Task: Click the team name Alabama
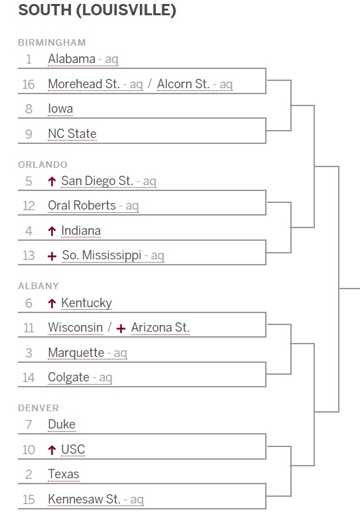(x=72, y=59)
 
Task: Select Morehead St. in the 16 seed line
(x=84, y=84)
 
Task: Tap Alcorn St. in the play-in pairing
(x=184, y=84)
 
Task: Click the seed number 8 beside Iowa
(x=29, y=109)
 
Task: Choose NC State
(x=72, y=133)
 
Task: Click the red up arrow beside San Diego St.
(x=52, y=182)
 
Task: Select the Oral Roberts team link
(x=82, y=206)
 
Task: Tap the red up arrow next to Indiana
(x=52, y=231)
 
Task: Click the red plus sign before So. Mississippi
(x=52, y=256)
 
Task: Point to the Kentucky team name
(x=86, y=303)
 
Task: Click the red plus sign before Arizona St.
(x=121, y=328)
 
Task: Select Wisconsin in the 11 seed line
(x=76, y=328)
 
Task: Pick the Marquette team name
(x=76, y=353)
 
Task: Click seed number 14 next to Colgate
(x=29, y=377)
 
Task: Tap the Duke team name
(x=62, y=425)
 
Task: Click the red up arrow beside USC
(x=52, y=450)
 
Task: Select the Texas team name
(x=64, y=474)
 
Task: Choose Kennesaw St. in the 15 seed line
(x=84, y=499)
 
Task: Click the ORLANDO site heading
(x=43, y=164)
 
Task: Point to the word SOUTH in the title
(x=45, y=10)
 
